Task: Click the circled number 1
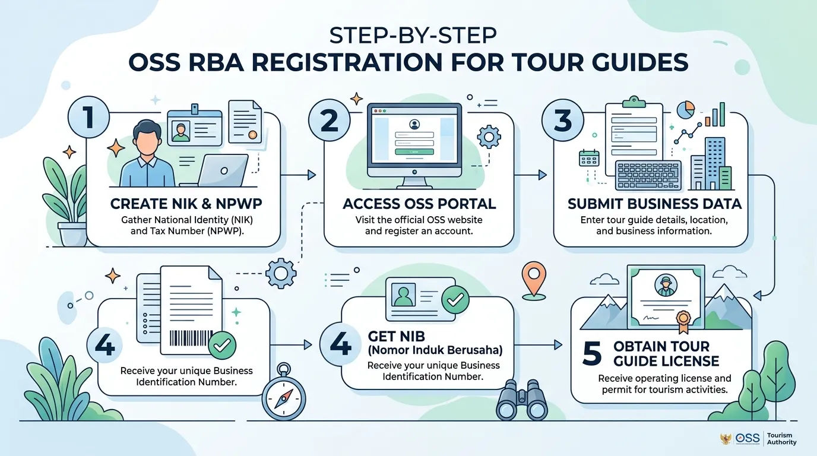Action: pyautogui.click(x=88, y=117)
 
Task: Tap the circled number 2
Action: pyautogui.click(x=330, y=121)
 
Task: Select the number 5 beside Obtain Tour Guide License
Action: pyautogui.click(x=591, y=353)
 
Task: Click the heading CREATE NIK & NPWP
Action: pyautogui.click(x=186, y=204)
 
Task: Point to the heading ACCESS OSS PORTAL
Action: pyautogui.click(x=419, y=204)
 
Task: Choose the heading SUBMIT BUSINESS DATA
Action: pyautogui.click(x=654, y=204)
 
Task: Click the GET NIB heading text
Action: pyautogui.click(x=397, y=336)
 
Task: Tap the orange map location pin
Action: pyautogui.click(x=534, y=280)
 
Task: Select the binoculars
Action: pyautogui.click(x=521, y=400)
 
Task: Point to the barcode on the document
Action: pyautogui.click(x=191, y=338)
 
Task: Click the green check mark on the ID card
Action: pyautogui.click(x=455, y=299)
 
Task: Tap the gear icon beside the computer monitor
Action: pyautogui.click(x=489, y=137)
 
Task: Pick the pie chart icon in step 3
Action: pyautogui.click(x=686, y=109)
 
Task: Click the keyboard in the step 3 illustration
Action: pyautogui.click(x=648, y=176)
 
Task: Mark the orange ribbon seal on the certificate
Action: pyautogui.click(x=683, y=322)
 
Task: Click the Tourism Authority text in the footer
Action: pyautogui.click(x=781, y=439)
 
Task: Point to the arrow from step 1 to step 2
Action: pyautogui.click(x=298, y=175)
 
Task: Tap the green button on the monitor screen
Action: pyautogui.click(x=414, y=152)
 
